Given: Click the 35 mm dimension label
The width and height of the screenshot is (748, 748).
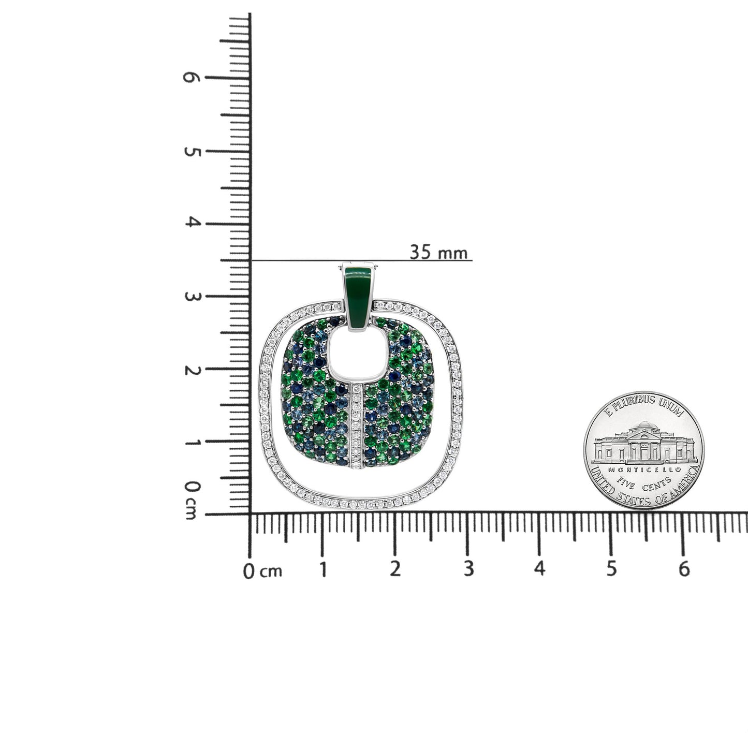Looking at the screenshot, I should [x=438, y=252].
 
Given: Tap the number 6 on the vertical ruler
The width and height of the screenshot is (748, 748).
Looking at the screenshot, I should [x=191, y=77].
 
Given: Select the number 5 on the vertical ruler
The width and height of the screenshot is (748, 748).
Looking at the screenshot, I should [x=192, y=152].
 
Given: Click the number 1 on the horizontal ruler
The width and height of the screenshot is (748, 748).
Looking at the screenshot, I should [x=323, y=569].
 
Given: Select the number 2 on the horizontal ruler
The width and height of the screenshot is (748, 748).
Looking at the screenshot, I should [x=395, y=569].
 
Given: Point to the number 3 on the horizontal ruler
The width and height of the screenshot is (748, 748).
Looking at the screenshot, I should [x=468, y=569].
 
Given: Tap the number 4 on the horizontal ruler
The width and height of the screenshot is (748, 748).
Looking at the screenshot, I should [x=540, y=569].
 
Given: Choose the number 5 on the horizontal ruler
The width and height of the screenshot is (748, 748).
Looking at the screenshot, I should [x=611, y=569].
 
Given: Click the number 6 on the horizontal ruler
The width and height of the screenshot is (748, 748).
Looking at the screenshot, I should [x=684, y=569].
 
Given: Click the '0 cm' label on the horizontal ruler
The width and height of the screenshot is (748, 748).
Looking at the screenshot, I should [x=263, y=571].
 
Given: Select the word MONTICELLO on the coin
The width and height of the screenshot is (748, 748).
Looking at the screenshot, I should [x=644, y=469].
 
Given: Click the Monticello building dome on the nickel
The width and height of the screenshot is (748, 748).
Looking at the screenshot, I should [x=643, y=428].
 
